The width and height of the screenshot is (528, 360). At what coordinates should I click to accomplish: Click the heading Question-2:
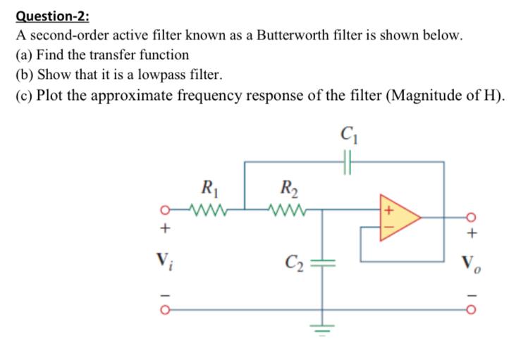44,14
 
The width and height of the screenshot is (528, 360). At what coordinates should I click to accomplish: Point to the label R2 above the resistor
289,188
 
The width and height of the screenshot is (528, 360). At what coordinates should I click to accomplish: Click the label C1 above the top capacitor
347,132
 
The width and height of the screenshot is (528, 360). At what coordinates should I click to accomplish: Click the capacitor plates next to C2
323,259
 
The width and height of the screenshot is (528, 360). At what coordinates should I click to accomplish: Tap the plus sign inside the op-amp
386,210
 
